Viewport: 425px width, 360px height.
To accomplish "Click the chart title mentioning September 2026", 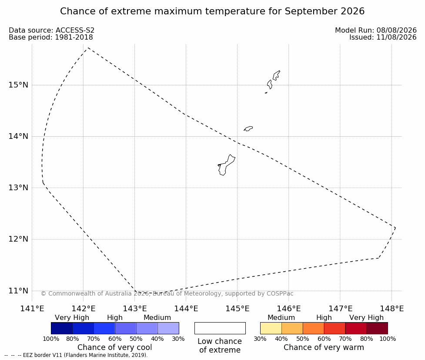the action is click(212, 11).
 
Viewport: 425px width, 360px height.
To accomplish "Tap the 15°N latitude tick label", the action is click(18, 85).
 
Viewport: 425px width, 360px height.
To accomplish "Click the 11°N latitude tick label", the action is click(18, 291).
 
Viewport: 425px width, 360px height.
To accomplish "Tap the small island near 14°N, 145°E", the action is click(248, 128).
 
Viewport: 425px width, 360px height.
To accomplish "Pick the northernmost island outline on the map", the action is click(276, 75).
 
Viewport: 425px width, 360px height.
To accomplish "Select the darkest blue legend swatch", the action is click(62, 328).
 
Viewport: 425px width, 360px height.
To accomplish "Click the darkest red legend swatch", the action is click(377, 328).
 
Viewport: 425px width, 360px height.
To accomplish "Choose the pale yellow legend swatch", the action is click(271, 328).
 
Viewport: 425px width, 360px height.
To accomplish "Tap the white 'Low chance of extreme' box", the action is click(220, 328).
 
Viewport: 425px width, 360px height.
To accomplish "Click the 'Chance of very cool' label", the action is click(115, 347).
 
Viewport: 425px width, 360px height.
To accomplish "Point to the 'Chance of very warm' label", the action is click(324, 347).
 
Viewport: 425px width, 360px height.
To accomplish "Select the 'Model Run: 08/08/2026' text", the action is click(376, 30).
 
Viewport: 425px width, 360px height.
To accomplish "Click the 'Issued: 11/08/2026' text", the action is click(383, 37).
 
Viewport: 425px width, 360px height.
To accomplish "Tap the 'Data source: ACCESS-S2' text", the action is click(51, 30).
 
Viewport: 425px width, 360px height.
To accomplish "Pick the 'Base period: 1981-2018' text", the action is click(51, 37).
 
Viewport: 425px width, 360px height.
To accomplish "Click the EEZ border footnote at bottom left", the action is click(76, 355).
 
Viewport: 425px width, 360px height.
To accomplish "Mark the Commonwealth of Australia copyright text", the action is click(167, 293).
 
